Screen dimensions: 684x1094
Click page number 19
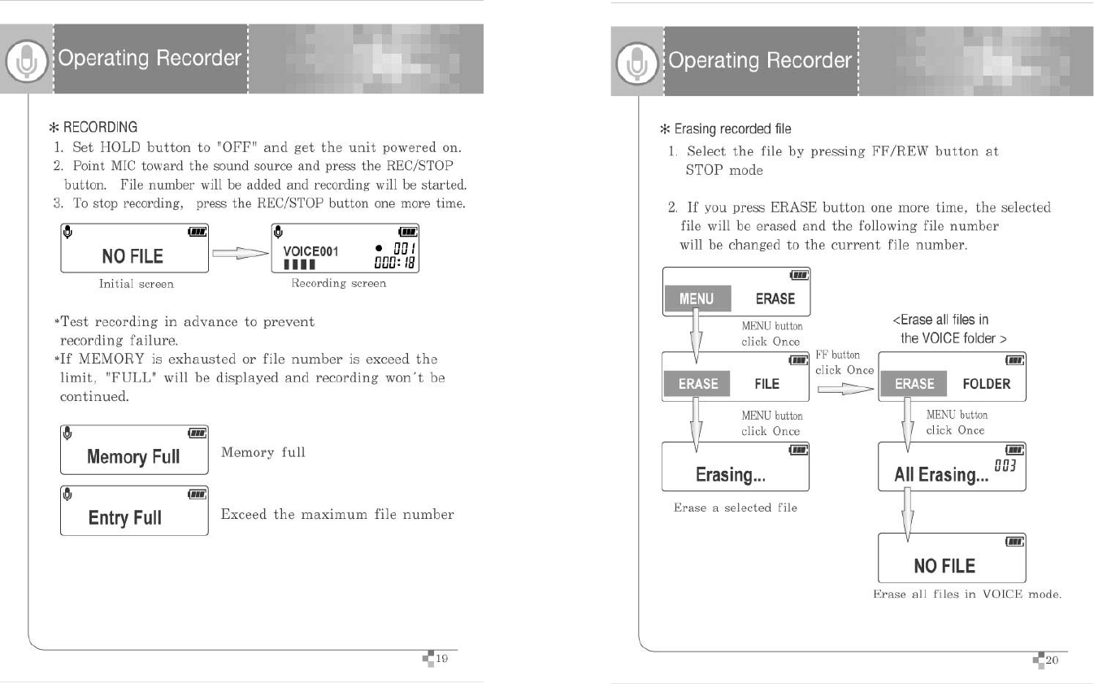point(442,660)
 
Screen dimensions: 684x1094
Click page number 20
point(1052,660)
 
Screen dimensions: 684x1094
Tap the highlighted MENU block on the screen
point(697,298)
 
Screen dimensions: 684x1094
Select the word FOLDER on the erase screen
point(986,384)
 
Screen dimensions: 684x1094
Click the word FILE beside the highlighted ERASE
point(766,384)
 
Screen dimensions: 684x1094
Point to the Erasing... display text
point(730,475)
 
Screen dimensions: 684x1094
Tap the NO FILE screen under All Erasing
point(952,558)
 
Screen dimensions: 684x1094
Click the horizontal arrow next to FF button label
point(844,390)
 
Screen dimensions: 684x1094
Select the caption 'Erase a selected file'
point(735,508)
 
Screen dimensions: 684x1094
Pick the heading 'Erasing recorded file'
point(726,129)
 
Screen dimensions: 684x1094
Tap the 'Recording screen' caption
point(339,283)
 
